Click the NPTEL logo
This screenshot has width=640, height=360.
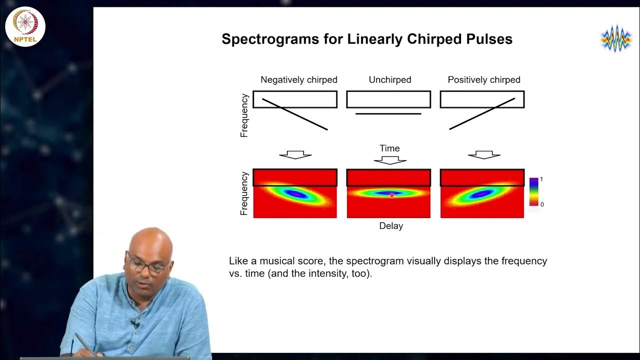click(x=25, y=25)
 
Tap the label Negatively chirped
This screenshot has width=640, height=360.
click(x=299, y=80)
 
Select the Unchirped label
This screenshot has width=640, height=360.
click(x=389, y=80)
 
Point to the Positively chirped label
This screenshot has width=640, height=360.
click(x=483, y=80)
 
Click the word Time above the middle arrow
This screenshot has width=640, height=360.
click(x=389, y=148)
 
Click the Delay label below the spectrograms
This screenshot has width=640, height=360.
click(x=390, y=226)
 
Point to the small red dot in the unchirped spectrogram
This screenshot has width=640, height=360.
click(x=391, y=195)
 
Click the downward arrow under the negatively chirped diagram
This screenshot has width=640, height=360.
click(x=295, y=155)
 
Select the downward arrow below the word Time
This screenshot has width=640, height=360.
click(x=390, y=160)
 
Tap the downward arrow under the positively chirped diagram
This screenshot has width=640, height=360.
click(x=483, y=155)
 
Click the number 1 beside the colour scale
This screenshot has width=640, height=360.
click(x=541, y=179)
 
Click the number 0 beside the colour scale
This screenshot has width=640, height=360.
click(x=541, y=204)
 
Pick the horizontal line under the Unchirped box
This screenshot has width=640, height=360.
click(x=388, y=114)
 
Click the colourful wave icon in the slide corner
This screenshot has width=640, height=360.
click(x=616, y=38)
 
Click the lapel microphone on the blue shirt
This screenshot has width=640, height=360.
click(x=134, y=324)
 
